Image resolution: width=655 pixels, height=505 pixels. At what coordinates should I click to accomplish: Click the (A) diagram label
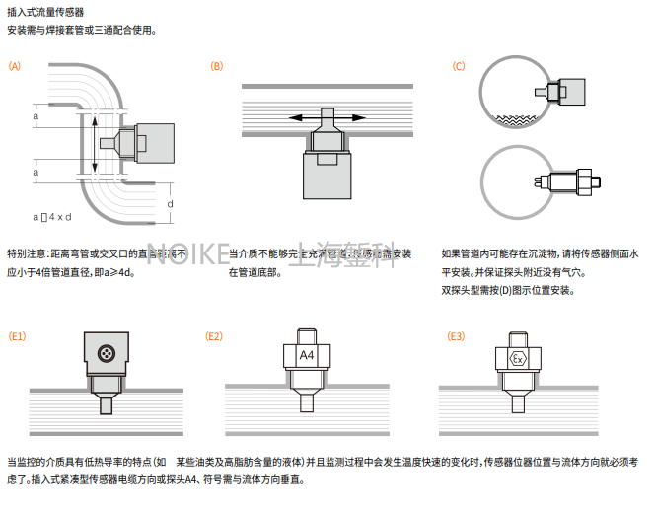point(14,66)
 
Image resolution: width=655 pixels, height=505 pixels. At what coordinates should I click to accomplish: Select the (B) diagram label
point(217,66)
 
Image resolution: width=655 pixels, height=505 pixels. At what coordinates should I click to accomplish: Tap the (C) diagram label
point(459,66)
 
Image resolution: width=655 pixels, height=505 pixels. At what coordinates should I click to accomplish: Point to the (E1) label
point(17,336)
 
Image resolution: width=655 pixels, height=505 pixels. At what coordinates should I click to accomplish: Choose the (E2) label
point(214,336)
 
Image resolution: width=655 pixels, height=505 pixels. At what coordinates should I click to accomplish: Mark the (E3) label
point(456,336)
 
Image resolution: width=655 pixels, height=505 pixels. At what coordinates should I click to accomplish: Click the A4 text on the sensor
point(306,354)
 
